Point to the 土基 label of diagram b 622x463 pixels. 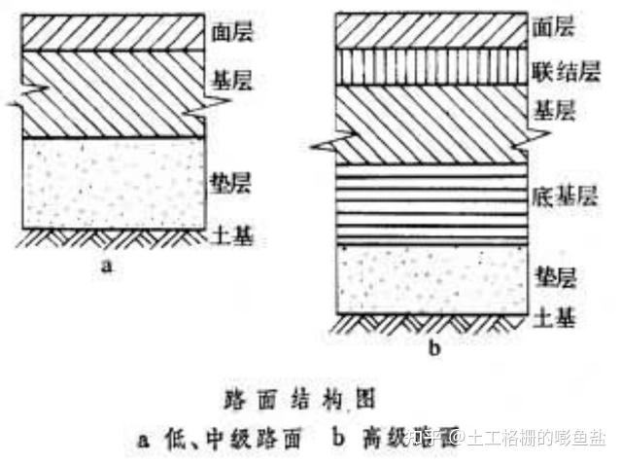pyautogui.click(x=557, y=317)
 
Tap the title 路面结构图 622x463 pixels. pyautogui.click(x=309, y=399)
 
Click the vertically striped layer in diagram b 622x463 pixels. pyautogui.click(x=432, y=66)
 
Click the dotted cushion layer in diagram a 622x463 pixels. pyautogui.click(x=115, y=183)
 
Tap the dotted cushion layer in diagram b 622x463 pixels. pyautogui.click(x=432, y=277)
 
